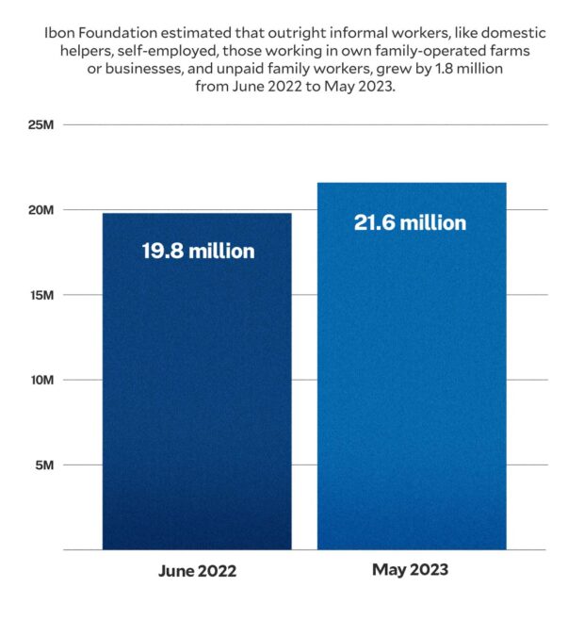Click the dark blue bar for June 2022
point(197,396)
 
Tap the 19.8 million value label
point(198,252)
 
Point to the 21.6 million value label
point(410,223)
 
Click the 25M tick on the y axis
point(40,124)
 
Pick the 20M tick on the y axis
point(40,209)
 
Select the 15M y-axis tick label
point(40,295)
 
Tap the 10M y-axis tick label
point(40,380)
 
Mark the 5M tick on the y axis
point(42,465)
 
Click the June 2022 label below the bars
point(196,572)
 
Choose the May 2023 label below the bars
point(410,570)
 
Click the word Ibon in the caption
point(59,33)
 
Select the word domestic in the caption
point(512,33)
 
